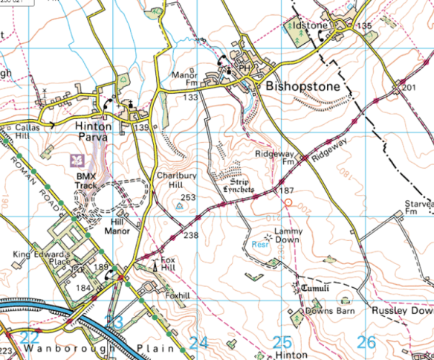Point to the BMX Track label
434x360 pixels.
point(87,180)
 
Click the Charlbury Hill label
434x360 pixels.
point(175,180)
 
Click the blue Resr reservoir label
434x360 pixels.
point(259,245)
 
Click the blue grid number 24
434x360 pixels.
point(198,343)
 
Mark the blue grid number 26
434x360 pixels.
point(366,342)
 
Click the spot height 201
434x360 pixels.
point(408,89)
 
